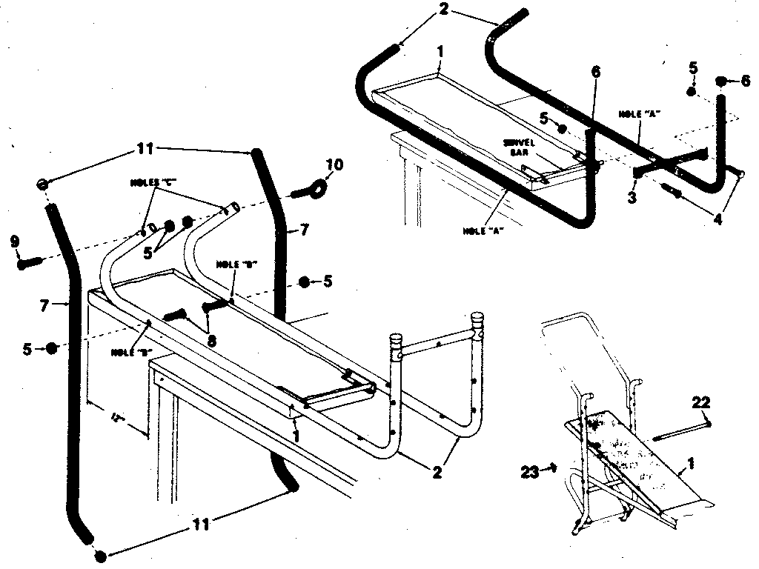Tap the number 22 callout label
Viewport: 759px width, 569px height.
[701, 403]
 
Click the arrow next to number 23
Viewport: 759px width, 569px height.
[551, 467]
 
